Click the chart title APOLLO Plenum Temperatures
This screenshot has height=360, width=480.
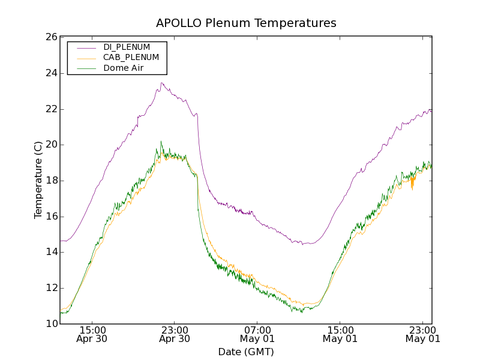tap(246, 23)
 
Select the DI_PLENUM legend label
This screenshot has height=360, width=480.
tap(127, 47)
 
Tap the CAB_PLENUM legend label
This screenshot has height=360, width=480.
tap(131, 58)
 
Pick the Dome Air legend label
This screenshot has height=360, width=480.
tap(123, 68)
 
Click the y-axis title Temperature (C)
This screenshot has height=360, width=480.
tap(38, 180)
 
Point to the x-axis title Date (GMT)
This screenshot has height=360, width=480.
tap(246, 351)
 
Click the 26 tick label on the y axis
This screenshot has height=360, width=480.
tap(51, 37)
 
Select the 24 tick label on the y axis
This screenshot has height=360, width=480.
tap(51, 73)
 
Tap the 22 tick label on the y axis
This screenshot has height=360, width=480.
tap(51, 109)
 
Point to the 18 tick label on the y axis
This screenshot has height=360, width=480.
tap(51, 181)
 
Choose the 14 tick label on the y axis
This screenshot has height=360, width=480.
tap(51, 252)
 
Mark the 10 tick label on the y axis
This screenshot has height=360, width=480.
tap(51, 324)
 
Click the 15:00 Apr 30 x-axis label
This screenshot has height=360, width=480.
tap(92, 334)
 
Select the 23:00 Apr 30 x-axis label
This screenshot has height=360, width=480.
tap(175, 334)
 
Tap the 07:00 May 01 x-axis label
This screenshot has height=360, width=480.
tap(257, 334)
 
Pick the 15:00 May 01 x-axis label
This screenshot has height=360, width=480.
tap(340, 334)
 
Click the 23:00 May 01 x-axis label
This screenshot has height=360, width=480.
tap(422, 334)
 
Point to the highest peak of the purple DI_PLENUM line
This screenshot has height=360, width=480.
tap(161, 83)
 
